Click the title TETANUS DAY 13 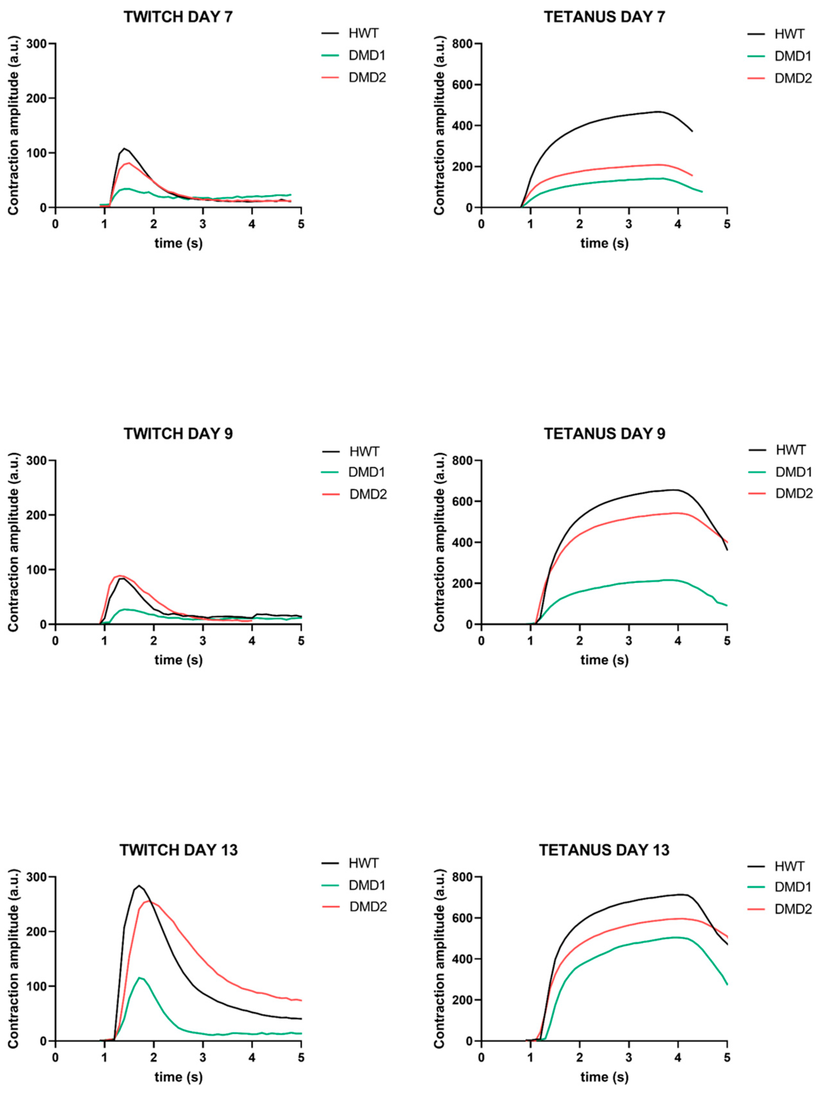(604, 850)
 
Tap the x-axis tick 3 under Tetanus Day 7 (628, 224)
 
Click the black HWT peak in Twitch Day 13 (139, 886)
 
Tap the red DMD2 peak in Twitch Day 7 (129, 163)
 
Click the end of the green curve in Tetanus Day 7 (702, 191)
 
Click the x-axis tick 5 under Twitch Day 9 (301, 641)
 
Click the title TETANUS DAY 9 (604, 434)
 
